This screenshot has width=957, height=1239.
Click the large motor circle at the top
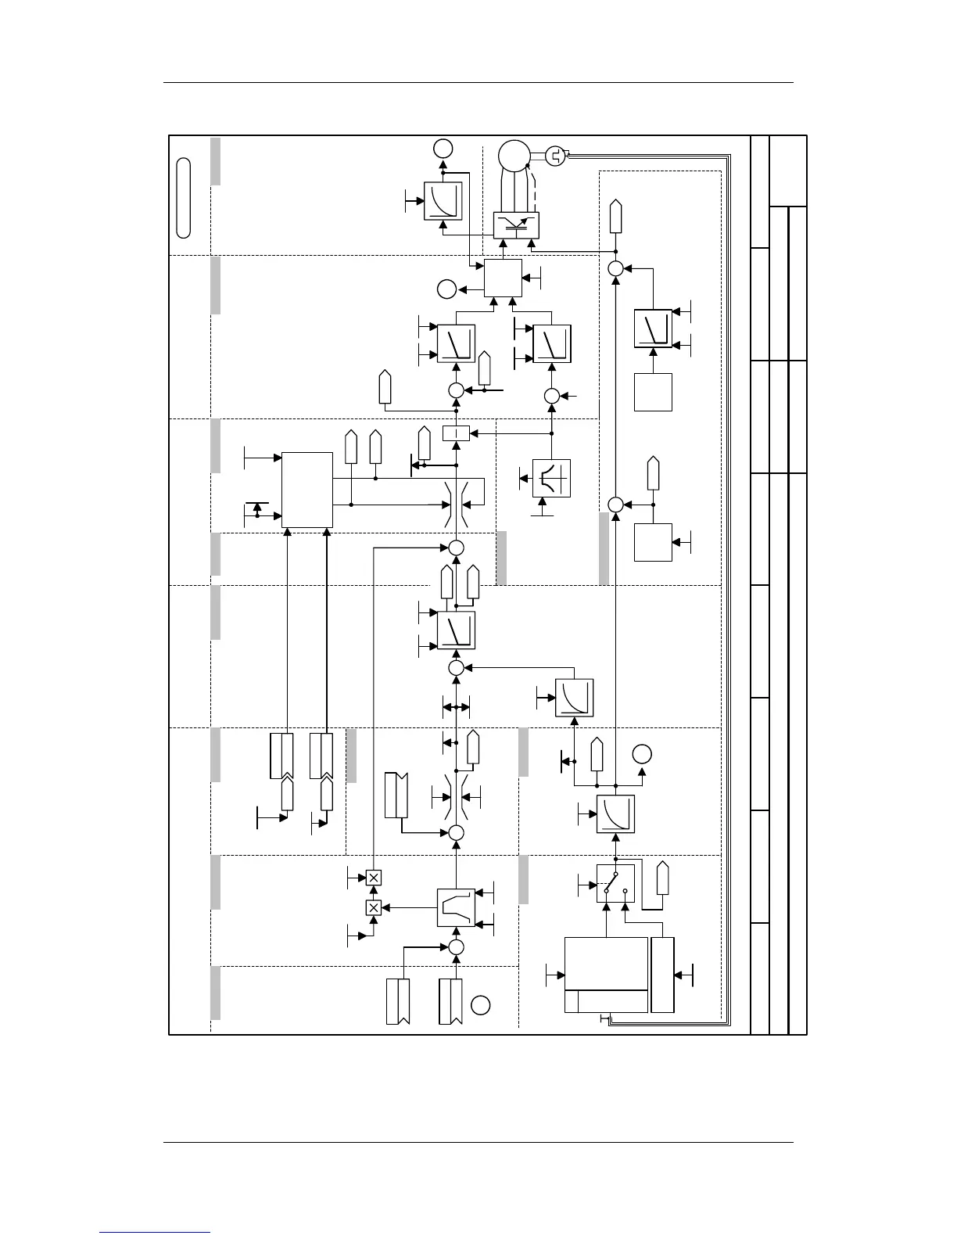coord(514,156)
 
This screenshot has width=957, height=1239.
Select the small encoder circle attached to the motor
coord(554,156)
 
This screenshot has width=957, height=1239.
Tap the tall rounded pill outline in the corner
coord(184,197)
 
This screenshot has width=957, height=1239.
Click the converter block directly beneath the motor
coord(513,227)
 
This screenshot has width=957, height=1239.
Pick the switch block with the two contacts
coord(615,883)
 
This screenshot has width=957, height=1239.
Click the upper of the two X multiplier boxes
coord(374,878)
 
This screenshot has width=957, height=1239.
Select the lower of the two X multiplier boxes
coord(374,907)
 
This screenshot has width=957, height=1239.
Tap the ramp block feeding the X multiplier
coord(456,907)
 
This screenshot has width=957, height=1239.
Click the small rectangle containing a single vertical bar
coord(456,433)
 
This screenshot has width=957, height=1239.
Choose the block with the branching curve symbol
coord(551,478)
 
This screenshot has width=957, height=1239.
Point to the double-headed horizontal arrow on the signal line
coord(456,708)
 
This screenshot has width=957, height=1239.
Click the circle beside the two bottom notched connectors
coord(481,1005)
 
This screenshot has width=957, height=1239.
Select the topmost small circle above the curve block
coord(443,148)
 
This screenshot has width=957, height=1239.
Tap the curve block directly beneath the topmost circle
coord(443,201)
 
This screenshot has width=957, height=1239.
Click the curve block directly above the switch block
coord(615,814)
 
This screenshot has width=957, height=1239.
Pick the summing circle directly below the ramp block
coord(456,947)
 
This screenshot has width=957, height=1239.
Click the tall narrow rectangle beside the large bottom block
coord(662,975)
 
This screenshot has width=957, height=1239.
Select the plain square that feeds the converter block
coord(503,278)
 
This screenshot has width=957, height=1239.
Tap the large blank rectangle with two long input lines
coord(307,490)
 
